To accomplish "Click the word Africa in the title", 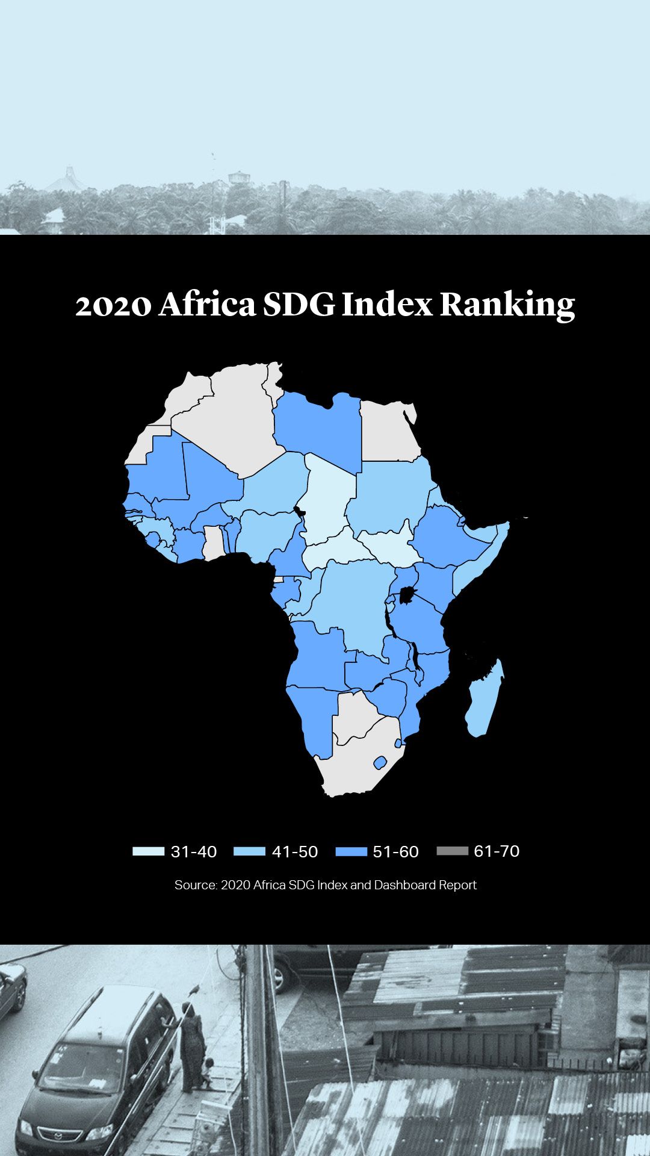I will click(x=208, y=305).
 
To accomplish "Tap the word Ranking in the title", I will click(x=507, y=305).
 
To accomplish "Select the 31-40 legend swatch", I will click(x=148, y=851).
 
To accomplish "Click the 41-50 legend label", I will click(x=294, y=852).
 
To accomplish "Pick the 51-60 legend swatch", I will click(x=351, y=851).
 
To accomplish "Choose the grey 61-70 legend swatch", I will click(x=452, y=851).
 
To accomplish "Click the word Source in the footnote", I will click(x=195, y=885).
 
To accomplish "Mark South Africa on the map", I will click(x=355, y=765).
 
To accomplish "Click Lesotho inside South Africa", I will click(x=380, y=763).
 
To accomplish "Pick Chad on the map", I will click(x=325, y=500).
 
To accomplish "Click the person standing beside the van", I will click(x=191, y=1048).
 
